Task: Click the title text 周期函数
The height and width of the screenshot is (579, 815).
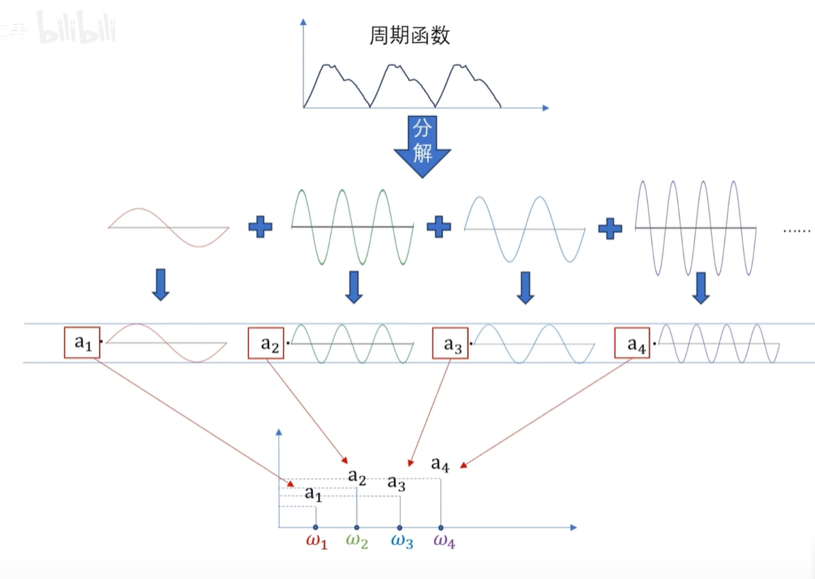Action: click(409, 36)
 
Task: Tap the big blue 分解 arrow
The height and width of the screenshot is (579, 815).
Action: click(423, 144)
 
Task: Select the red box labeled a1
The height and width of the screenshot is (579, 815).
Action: click(83, 343)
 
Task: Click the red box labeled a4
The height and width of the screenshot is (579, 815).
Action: click(633, 344)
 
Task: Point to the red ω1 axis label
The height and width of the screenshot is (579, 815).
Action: click(316, 542)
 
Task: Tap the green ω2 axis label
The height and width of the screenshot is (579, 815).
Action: click(357, 542)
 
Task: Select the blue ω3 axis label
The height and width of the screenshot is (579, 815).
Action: click(401, 542)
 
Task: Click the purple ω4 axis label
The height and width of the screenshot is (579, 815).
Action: click(444, 542)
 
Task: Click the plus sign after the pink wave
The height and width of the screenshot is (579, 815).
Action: click(260, 226)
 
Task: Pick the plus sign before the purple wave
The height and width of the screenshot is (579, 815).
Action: click(609, 228)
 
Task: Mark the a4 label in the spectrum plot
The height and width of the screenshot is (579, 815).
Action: click(440, 464)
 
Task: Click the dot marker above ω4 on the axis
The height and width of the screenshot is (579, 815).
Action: click(440, 528)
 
